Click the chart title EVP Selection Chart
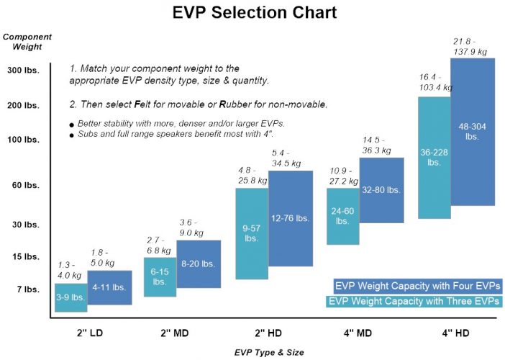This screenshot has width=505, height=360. point(255,13)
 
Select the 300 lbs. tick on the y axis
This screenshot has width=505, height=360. point(23,71)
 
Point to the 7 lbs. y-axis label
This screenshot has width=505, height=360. point(27,289)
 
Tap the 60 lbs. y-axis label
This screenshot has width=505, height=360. point(25,185)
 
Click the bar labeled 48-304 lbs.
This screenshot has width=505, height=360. point(472,131)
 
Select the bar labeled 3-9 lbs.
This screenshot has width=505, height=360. point(70,297)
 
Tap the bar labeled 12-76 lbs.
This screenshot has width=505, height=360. point(290,218)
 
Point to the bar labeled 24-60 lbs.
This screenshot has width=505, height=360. point(342,216)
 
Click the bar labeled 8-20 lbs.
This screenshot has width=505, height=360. point(199,264)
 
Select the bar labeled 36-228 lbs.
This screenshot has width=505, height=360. point(434,157)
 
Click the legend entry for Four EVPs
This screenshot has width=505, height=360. point(417,285)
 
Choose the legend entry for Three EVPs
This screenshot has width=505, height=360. point(414,302)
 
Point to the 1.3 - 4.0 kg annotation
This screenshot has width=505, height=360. point(70,269)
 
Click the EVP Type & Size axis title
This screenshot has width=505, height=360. point(269,352)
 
